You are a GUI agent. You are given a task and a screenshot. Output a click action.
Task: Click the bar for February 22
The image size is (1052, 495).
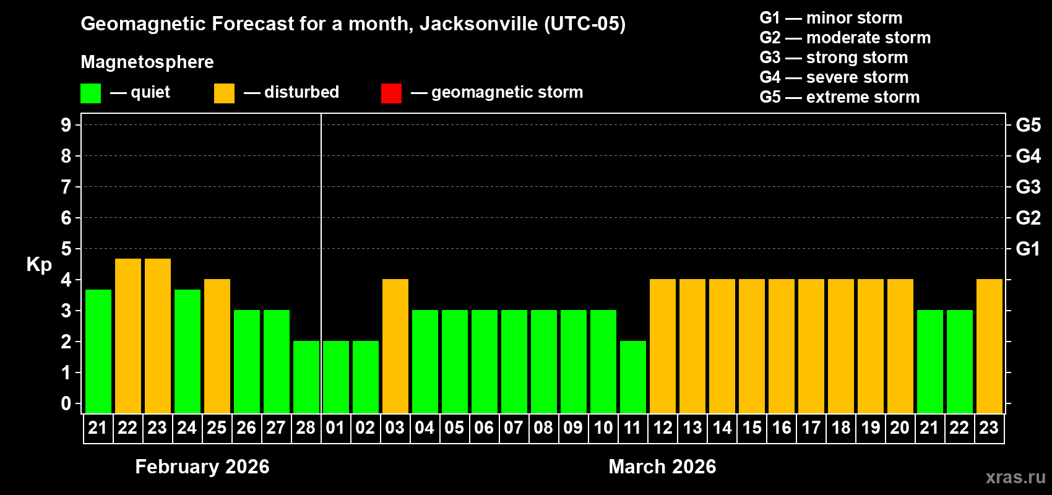128,335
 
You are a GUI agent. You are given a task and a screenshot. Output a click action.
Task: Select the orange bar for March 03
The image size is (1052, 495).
395,346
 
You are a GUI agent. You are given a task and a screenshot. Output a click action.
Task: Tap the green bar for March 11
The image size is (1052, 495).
633,377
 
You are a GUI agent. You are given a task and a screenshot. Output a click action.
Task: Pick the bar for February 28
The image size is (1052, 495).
306,377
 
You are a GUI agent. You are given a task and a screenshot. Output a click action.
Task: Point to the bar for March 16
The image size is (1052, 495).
782,346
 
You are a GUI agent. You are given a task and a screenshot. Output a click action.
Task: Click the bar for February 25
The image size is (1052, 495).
217,346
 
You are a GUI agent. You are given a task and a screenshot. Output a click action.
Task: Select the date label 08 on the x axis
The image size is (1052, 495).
543,428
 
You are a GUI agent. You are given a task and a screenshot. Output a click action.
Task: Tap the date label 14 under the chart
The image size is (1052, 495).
722,428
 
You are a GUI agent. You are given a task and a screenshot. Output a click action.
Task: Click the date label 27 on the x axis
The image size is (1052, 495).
276,428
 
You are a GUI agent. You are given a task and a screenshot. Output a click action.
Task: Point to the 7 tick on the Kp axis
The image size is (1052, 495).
66,187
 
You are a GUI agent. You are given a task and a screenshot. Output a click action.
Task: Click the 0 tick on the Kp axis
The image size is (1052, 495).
66,404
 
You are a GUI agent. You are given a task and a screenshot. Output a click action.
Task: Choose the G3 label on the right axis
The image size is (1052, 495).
1028,187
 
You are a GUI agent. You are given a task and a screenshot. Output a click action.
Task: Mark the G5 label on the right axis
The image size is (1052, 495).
1028,125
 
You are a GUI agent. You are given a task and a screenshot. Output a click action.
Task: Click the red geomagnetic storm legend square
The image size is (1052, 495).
391,93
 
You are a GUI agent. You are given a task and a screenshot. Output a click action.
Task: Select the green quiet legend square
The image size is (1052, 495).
91,93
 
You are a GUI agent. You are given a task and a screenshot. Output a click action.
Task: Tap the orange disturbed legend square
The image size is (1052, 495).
224,93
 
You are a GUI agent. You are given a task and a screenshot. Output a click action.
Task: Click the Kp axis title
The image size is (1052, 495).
39,264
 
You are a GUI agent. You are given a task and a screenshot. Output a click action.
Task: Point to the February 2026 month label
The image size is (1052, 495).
202,467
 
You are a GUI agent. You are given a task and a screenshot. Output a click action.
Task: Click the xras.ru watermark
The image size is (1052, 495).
1015,477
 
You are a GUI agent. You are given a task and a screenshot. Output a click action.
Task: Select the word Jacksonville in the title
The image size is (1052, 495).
478,24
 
